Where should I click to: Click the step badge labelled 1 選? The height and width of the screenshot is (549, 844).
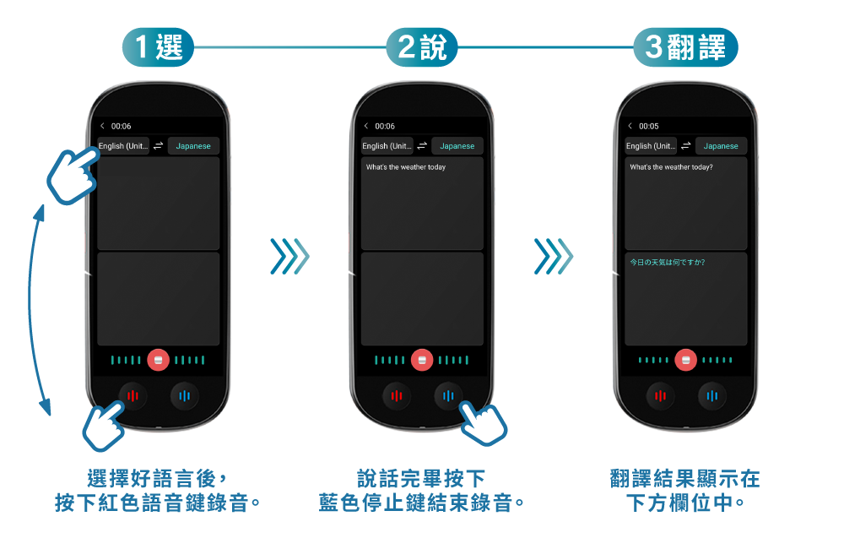(158, 46)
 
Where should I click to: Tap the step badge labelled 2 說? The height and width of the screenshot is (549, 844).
(421, 46)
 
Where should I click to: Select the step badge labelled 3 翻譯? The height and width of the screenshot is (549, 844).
(685, 46)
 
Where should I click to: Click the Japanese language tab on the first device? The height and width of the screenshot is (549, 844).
(193, 146)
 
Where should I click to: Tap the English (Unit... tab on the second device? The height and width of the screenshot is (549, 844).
(387, 146)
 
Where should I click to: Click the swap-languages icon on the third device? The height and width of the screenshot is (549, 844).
(685, 146)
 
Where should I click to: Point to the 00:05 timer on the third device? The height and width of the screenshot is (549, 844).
(648, 126)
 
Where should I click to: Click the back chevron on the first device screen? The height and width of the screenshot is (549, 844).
(102, 126)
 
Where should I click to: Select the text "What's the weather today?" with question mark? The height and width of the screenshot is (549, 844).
(671, 167)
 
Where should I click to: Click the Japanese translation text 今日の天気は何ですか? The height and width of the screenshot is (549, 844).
(668, 263)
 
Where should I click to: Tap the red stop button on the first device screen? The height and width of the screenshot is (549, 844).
(159, 360)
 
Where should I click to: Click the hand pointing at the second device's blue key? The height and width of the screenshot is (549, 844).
(483, 423)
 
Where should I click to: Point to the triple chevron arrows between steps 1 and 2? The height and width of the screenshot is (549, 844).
(289, 257)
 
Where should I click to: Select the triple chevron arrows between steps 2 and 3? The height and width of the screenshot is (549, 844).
(554, 257)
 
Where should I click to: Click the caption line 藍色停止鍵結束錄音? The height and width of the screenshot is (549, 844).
(421, 503)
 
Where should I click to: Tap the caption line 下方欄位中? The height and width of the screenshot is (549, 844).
(685, 503)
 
